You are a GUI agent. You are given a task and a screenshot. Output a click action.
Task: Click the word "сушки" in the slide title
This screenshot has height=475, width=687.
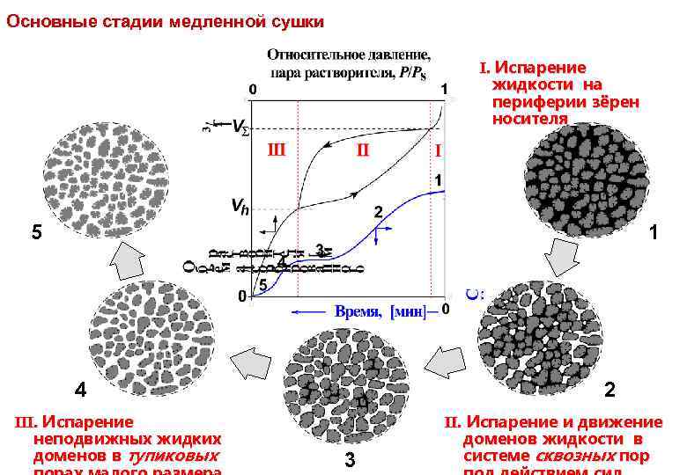(292, 20)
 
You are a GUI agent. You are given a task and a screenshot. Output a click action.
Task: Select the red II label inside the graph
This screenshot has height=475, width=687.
(362, 150)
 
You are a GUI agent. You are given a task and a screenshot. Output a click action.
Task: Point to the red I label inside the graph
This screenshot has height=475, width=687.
(437, 151)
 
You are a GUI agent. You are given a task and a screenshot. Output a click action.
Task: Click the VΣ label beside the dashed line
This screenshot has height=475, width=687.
(240, 130)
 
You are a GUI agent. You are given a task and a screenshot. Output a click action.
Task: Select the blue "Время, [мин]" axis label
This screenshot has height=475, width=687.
(380, 311)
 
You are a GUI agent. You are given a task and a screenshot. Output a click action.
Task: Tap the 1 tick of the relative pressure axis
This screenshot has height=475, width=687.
(444, 89)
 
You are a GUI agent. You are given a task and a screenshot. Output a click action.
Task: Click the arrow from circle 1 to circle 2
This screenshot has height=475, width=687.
(561, 259)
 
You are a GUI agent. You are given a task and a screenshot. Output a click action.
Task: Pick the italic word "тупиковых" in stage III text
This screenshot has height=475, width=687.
(174, 456)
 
